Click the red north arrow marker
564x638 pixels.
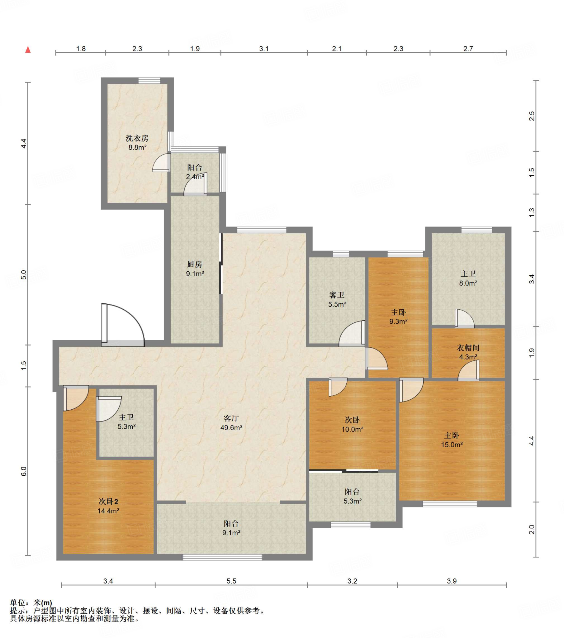(x=28, y=50)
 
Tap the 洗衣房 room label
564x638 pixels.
(x=137, y=138)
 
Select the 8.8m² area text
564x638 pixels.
(x=137, y=147)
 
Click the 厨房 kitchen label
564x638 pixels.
(x=195, y=264)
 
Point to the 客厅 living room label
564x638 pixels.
(x=231, y=418)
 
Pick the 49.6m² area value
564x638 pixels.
(x=231, y=428)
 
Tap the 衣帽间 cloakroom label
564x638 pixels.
(x=468, y=348)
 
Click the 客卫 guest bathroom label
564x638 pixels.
(x=337, y=295)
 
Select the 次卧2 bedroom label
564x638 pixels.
(x=108, y=502)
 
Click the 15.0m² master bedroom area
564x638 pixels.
(x=452, y=445)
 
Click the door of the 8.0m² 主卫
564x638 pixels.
(x=464, y=318)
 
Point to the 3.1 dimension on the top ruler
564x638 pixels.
(x=264, y=49)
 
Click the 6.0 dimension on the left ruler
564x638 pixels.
(x=24, y=471)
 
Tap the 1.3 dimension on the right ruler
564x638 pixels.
(x=532, y=212)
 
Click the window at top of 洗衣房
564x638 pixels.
(x=149, y=81)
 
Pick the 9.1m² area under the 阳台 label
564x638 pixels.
(x=231, y=533)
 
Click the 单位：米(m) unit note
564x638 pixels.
(x=31, y=603)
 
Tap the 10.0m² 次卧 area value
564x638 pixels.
(x=352, y=430)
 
